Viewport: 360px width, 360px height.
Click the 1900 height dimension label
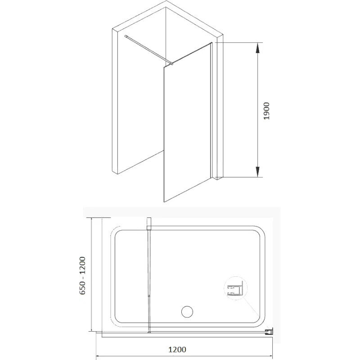266,111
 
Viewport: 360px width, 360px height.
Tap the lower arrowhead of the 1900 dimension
257,172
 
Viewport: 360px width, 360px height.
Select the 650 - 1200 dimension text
82,275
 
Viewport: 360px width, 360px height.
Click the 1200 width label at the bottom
177,350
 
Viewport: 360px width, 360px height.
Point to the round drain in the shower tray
187,312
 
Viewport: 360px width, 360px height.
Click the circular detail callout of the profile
235,288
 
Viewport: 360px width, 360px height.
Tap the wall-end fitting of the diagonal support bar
126,36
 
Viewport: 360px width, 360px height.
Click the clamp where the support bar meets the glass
171,63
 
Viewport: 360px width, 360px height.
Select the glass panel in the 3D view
187,122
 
